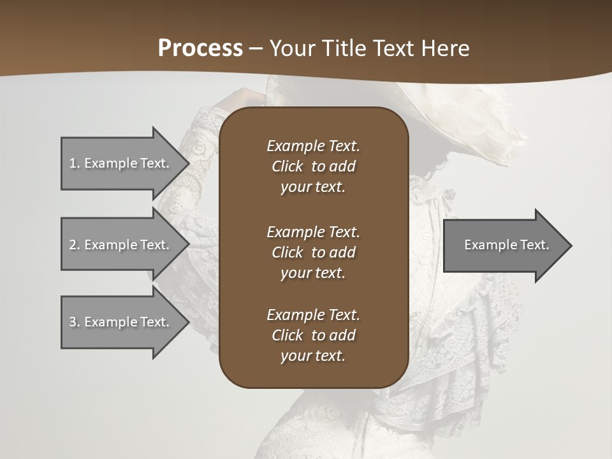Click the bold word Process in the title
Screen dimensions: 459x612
click(x=200, y=48)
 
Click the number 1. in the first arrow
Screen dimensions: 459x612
click(x=74, y=163)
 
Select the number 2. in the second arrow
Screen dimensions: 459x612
click(x=74, y=245)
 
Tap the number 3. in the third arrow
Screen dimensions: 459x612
click(x=74, y=322)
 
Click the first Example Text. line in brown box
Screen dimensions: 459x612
click(x=313, y=146)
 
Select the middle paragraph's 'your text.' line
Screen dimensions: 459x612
click(x=313, y=273)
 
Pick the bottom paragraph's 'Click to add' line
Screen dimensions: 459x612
click(x=313, y=335)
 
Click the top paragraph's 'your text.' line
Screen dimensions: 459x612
click(x=313, y=187)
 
